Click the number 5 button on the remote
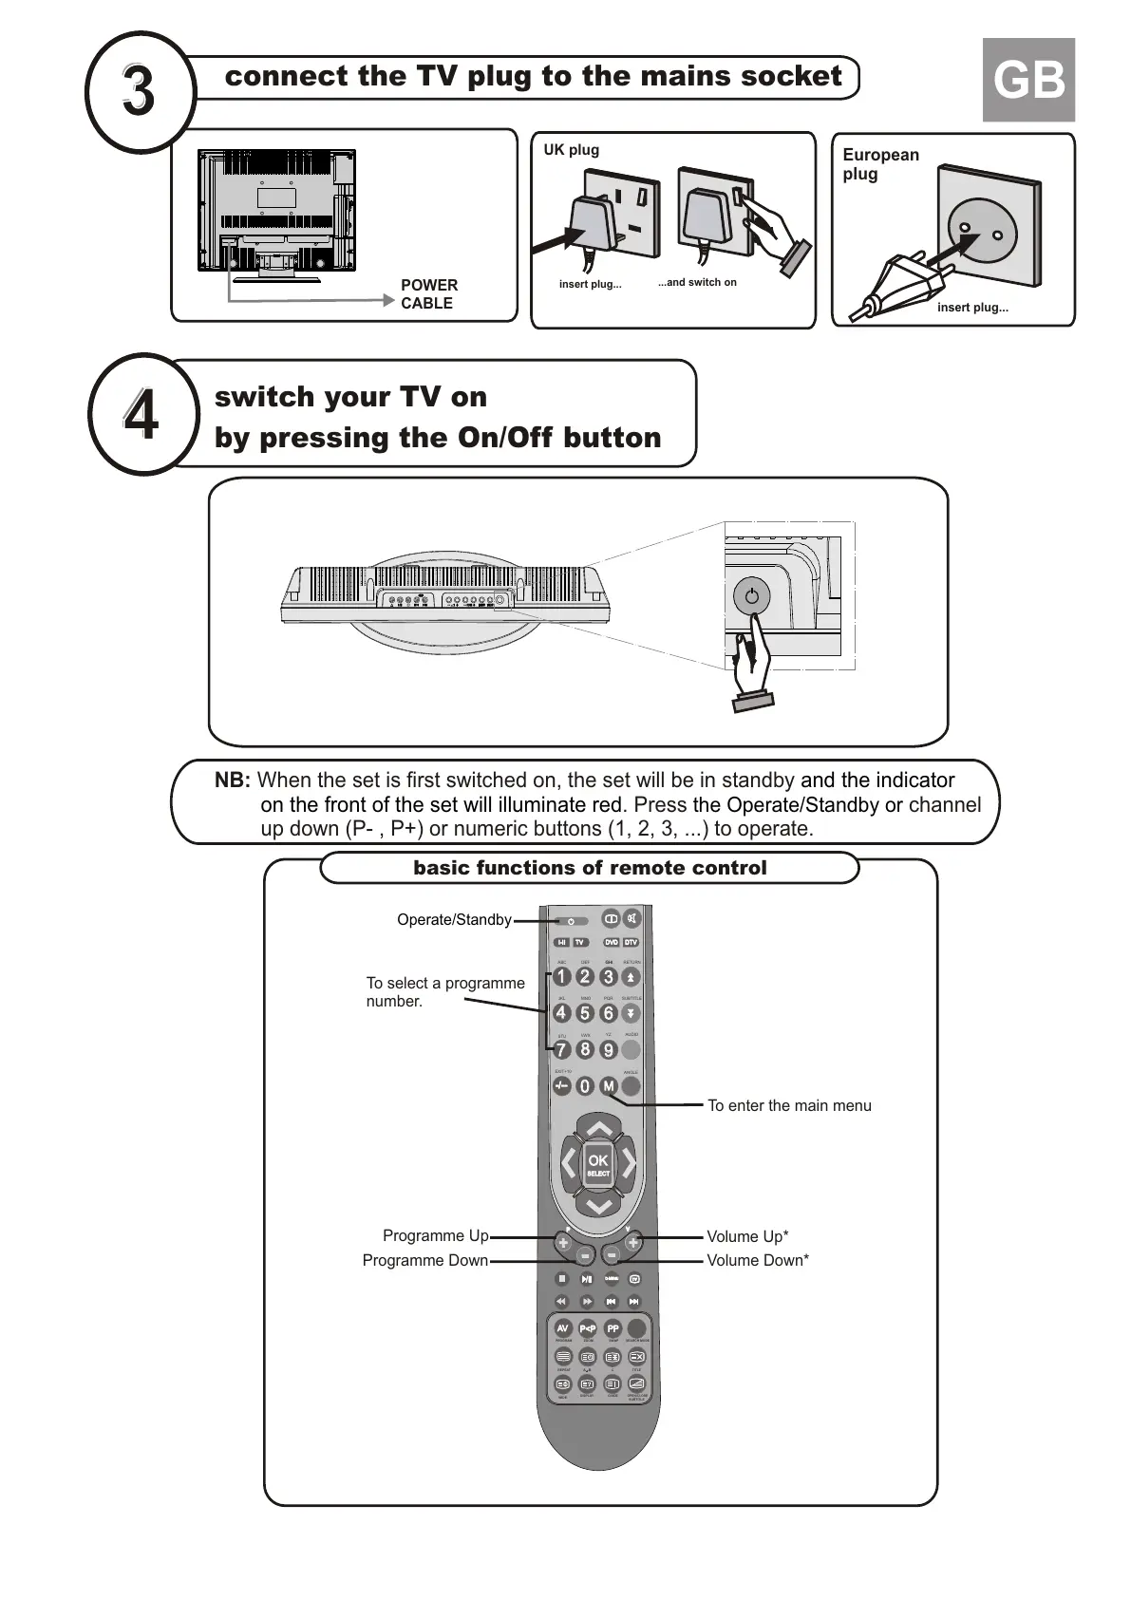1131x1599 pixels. point(585,1013)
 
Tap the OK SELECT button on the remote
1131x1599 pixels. point(598,1164)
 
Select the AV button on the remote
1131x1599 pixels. point(563,1328)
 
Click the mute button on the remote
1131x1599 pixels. point(632,918)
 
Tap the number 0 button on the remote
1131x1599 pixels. point(585,1086)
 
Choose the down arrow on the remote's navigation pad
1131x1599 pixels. point(598,1206)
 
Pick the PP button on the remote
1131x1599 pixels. point(613,1328)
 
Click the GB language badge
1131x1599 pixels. point(1028,81)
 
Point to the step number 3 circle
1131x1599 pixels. point(140,91)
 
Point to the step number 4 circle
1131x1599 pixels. point(142,415)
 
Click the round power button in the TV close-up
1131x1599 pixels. point(752,596)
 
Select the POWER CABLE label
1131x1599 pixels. point(428,294)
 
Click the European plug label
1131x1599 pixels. point(880,163)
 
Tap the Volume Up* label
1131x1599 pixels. point(747,1236)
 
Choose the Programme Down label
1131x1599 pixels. point(424,1260)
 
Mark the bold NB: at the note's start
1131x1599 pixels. point(233,781)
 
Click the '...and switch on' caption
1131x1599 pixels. point(697,282)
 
